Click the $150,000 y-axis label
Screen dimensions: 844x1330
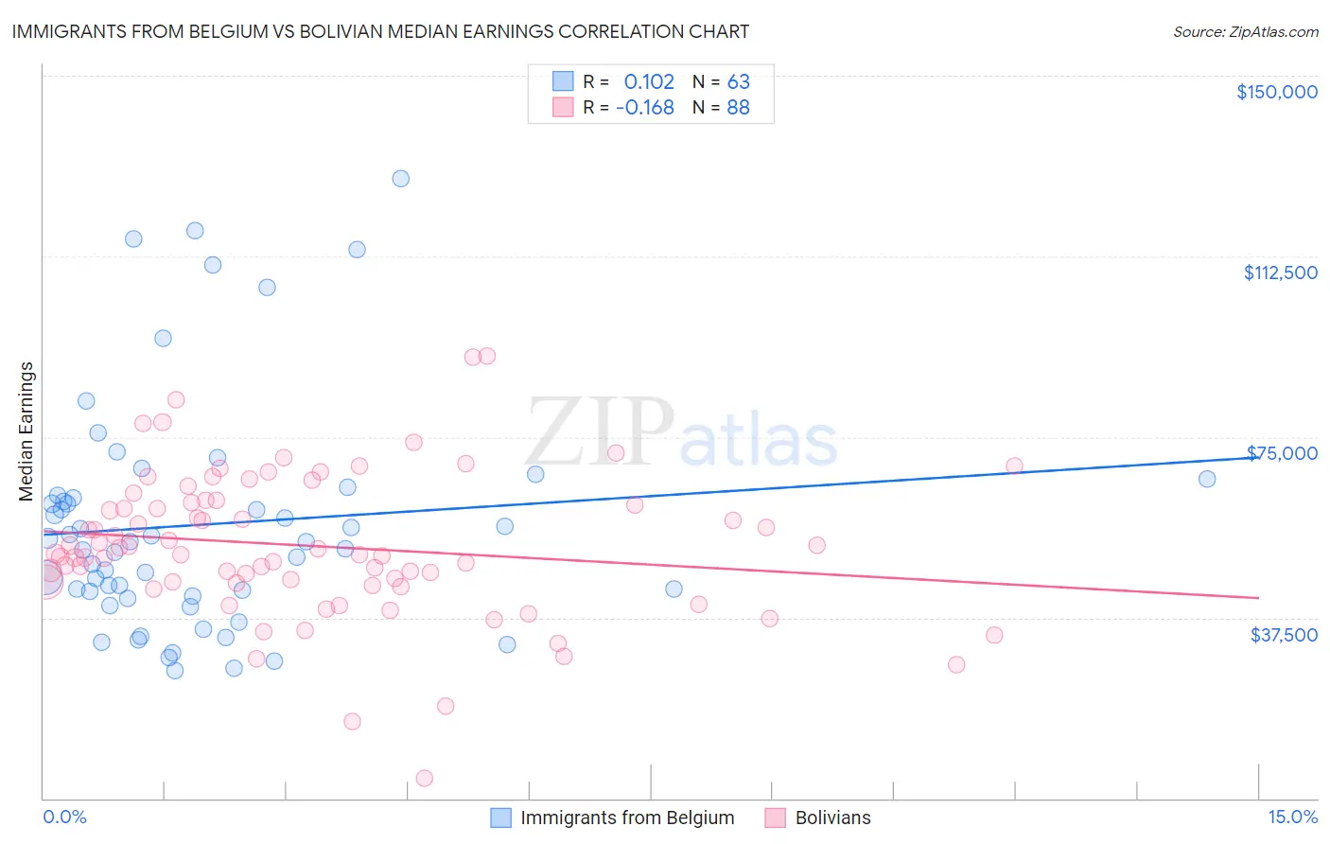[x=1276, y=92]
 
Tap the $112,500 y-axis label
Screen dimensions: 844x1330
[x=1280, y=273]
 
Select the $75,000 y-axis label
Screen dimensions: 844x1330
[x=1282, y=453]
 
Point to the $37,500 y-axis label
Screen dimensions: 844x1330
[x=1284, y=634]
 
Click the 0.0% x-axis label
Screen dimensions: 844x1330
[x=64, y=817]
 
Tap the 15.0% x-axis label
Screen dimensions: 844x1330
[x=1292, y=817]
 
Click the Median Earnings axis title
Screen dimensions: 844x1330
[x=26, y=431]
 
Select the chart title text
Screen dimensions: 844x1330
[x=380, y=31]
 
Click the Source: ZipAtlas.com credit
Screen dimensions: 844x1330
[x=1245, y=31]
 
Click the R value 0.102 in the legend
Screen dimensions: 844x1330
[x=649, y=81]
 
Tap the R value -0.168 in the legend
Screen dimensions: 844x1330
[x=644, y=107]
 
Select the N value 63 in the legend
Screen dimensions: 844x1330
[x=738, y=81]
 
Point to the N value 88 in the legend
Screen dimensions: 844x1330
[x=738, y=107]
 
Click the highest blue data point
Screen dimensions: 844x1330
[x=401, y=179]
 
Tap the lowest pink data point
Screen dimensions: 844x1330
[x=425, y=778]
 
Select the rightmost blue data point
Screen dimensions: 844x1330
[x=1207, y=479]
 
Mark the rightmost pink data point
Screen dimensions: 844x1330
[x=1015, y=466]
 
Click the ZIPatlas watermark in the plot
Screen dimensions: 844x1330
[x=681, y=432]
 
